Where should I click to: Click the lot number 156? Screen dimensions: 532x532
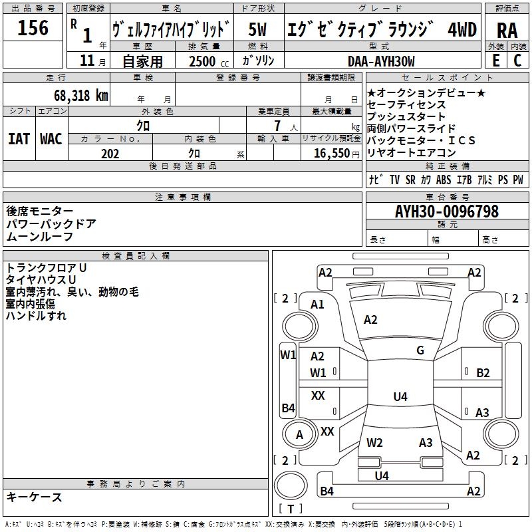(x=33, y=29)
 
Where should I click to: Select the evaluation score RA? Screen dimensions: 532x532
(x=507, y=30)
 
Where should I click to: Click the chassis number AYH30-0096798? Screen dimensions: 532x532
(x=446, y=211)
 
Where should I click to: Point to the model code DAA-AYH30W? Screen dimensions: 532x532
(x=381, y=61)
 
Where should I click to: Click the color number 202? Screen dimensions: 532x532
(x=110, y=154)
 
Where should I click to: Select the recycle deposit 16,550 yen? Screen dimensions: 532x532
(x=332, y=154)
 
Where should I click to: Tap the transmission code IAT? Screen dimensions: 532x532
(x=19, y=139)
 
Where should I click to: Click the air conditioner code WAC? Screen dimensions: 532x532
(x=51, y=139)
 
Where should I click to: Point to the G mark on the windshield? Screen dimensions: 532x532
(x=420, y=350)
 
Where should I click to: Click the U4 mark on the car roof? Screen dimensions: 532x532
(x=400, y=397)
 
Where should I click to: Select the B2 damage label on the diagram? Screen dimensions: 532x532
(x=483, y=373)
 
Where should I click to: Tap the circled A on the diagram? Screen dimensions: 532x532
(x=299, y=435)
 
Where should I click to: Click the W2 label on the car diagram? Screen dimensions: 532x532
(x=374, y=442)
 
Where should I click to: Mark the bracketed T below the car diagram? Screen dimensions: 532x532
(x=291, y=509)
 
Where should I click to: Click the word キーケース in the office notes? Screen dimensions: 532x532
(x=35, y=497)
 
